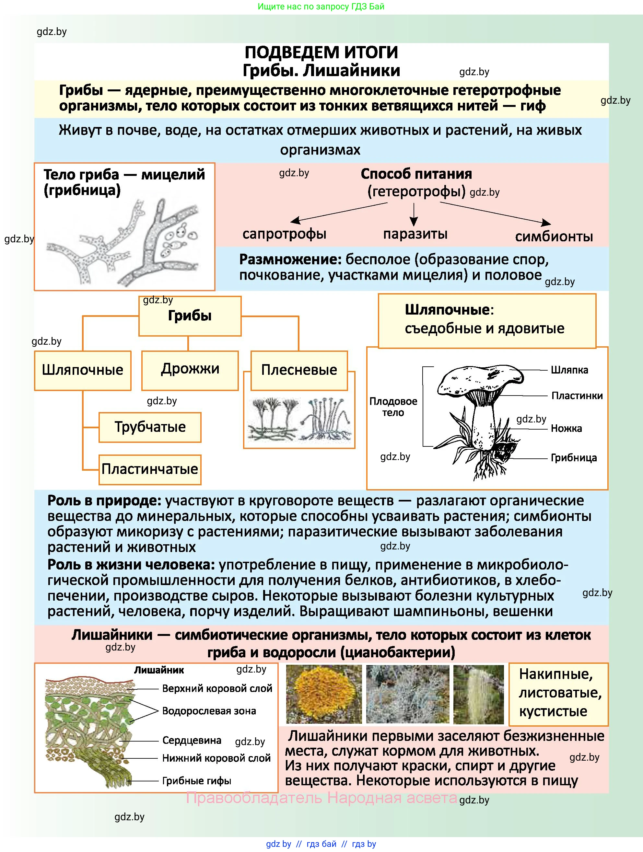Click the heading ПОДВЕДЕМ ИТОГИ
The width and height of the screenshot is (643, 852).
point(321,52)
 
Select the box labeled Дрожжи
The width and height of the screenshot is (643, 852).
point(190,370)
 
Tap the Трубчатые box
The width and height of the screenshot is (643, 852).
point(150,427)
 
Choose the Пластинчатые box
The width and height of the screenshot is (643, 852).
point(150,469)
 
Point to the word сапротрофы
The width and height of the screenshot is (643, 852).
point(284,234)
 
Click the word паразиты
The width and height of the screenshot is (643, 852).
point(415,234)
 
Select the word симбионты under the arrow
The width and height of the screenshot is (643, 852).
point(554,236)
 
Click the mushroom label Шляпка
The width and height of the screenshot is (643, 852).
point(569,370)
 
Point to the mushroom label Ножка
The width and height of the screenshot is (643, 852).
point(566,428)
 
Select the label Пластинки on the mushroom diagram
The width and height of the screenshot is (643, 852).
point(577,396)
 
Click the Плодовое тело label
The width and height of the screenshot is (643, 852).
point(393,407)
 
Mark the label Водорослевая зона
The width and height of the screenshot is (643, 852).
point(209,711)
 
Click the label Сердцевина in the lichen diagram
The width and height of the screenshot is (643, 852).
point(192,740)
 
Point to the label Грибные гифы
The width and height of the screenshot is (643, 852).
point(196,780)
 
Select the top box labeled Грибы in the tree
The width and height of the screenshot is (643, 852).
point(190,316)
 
